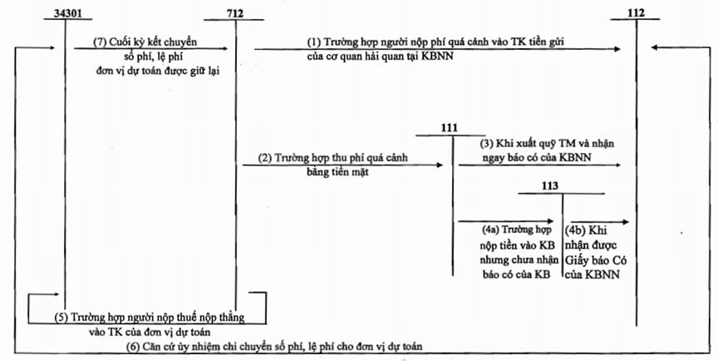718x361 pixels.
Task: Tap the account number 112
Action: coord(637,12)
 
